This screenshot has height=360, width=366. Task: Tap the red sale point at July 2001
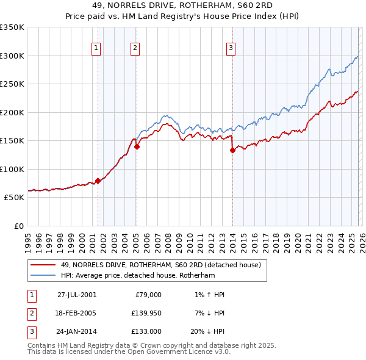pyautogui.click(x=98, y=181)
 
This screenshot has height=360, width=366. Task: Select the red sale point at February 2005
pyautogui.click(x=137, y=146)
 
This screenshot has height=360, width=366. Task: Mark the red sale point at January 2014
pyautogui.click(x=232, y=150)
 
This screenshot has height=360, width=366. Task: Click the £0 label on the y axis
pyautogui.click(x=18, y=226)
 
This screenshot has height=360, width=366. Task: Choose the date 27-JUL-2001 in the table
pyautogui.click(x=76, y=295)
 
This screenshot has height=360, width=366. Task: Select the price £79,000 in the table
pyautogui.click(x=146, y=295)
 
